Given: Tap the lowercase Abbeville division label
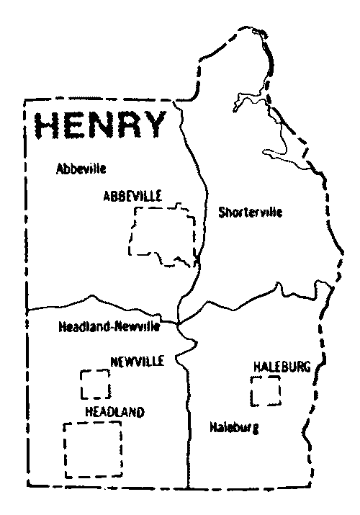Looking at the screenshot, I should pos(81,169).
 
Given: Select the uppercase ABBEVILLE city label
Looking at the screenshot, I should pos(132,196).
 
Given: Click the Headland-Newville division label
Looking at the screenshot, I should pos(108,327).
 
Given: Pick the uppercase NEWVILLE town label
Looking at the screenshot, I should pos(137,360).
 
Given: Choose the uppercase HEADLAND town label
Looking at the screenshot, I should pos(114,412).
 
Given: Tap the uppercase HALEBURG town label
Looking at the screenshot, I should pos(282,368).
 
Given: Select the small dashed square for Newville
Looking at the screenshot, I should pos(95,384).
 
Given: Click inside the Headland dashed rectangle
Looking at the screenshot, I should pos(92,448).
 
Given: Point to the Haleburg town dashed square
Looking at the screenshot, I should pos(265,390).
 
